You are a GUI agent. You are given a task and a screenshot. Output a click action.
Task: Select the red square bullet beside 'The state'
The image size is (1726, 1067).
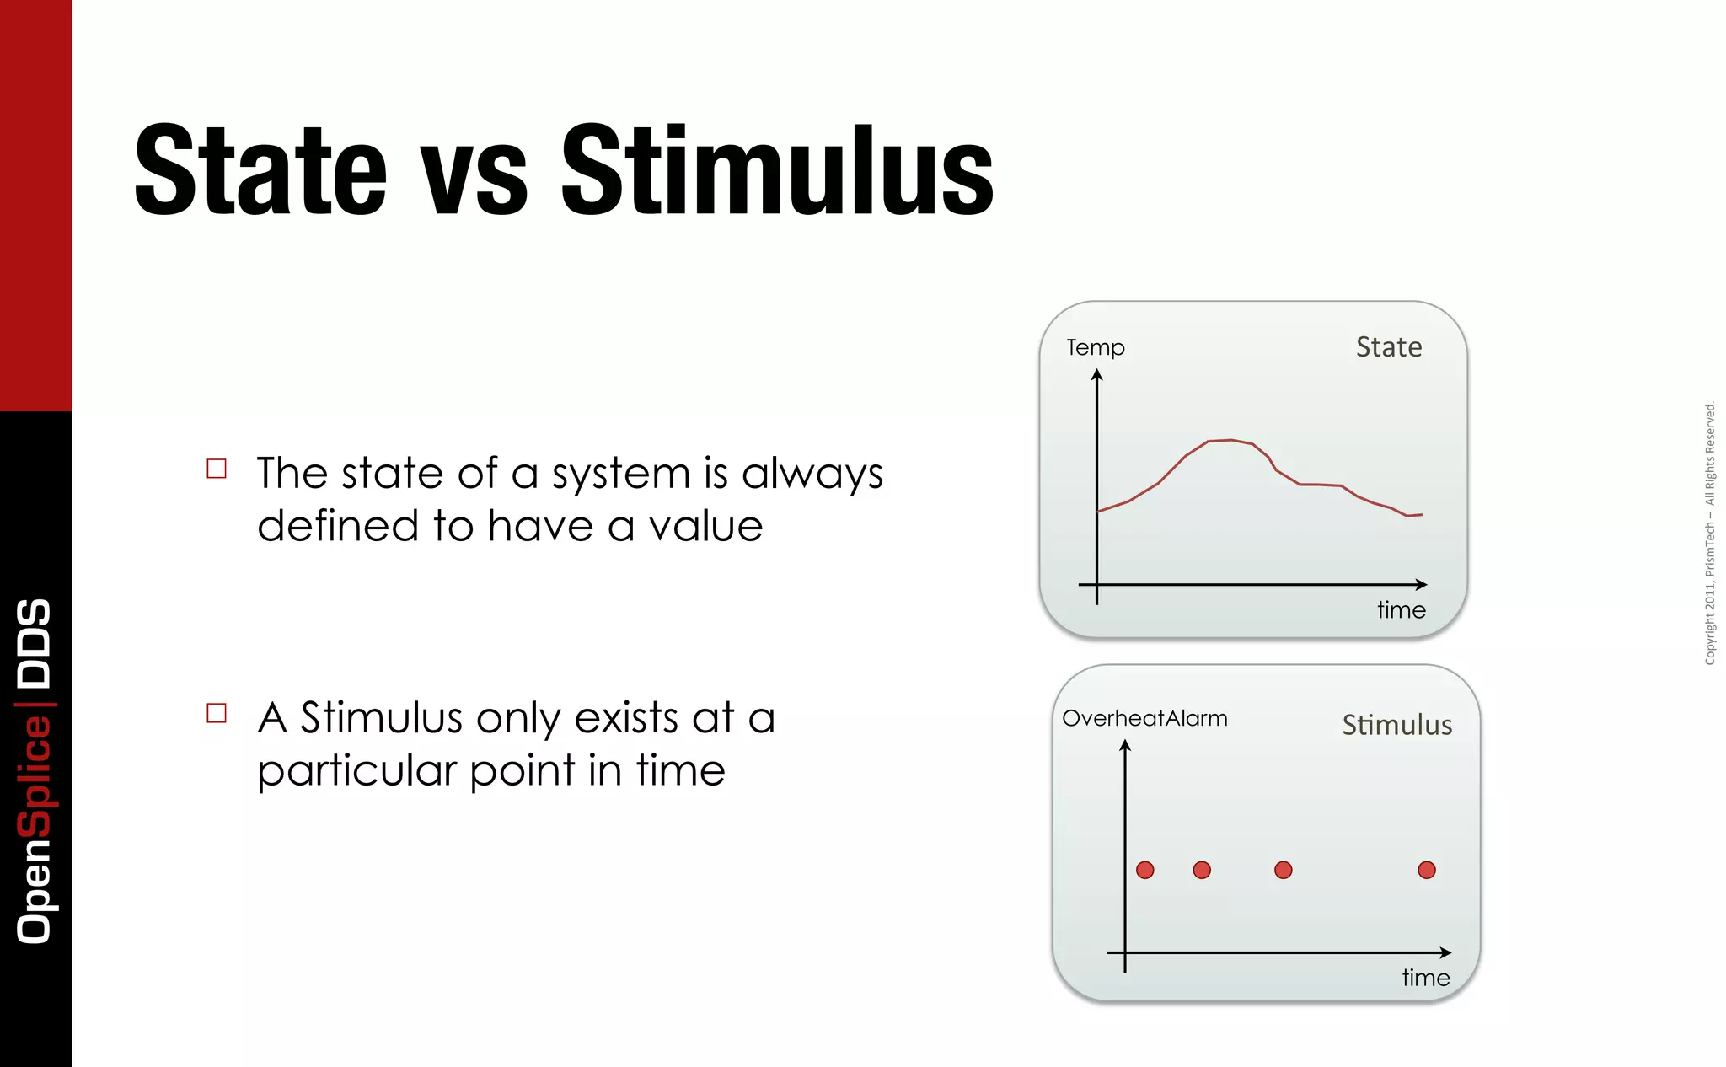[217, 469]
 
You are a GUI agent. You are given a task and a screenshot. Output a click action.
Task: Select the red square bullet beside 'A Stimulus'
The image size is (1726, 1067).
[217, 713]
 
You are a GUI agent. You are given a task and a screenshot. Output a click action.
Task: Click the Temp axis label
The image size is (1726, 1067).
[1095, 347]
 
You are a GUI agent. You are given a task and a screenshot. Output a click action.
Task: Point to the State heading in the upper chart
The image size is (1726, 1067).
[1388, 347]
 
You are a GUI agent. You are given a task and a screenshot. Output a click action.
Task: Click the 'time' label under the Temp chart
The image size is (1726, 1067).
[1401, 609]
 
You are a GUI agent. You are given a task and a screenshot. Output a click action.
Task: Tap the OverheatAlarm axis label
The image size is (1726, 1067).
[1144, 718]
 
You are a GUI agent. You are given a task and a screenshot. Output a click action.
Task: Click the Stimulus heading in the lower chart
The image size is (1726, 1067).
[1396, 725]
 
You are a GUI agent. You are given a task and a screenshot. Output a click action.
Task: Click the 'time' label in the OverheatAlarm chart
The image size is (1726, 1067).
[1425, 978]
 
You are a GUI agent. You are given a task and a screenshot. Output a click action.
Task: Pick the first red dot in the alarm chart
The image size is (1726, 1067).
[1144, 870]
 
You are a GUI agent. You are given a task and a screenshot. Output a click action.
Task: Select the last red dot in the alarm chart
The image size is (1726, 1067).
[1426, 870]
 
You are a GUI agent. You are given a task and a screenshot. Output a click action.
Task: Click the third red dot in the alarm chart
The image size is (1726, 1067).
[1283, 870]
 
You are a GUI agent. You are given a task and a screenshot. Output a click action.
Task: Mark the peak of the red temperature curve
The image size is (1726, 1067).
[1230, 440]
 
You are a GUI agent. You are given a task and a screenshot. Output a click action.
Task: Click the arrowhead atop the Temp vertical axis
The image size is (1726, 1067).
[1096, 375]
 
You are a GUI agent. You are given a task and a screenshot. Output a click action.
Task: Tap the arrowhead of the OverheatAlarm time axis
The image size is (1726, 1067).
[1445, 952]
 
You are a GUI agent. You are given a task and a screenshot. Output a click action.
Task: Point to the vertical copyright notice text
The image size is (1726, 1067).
[1709, 533]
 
